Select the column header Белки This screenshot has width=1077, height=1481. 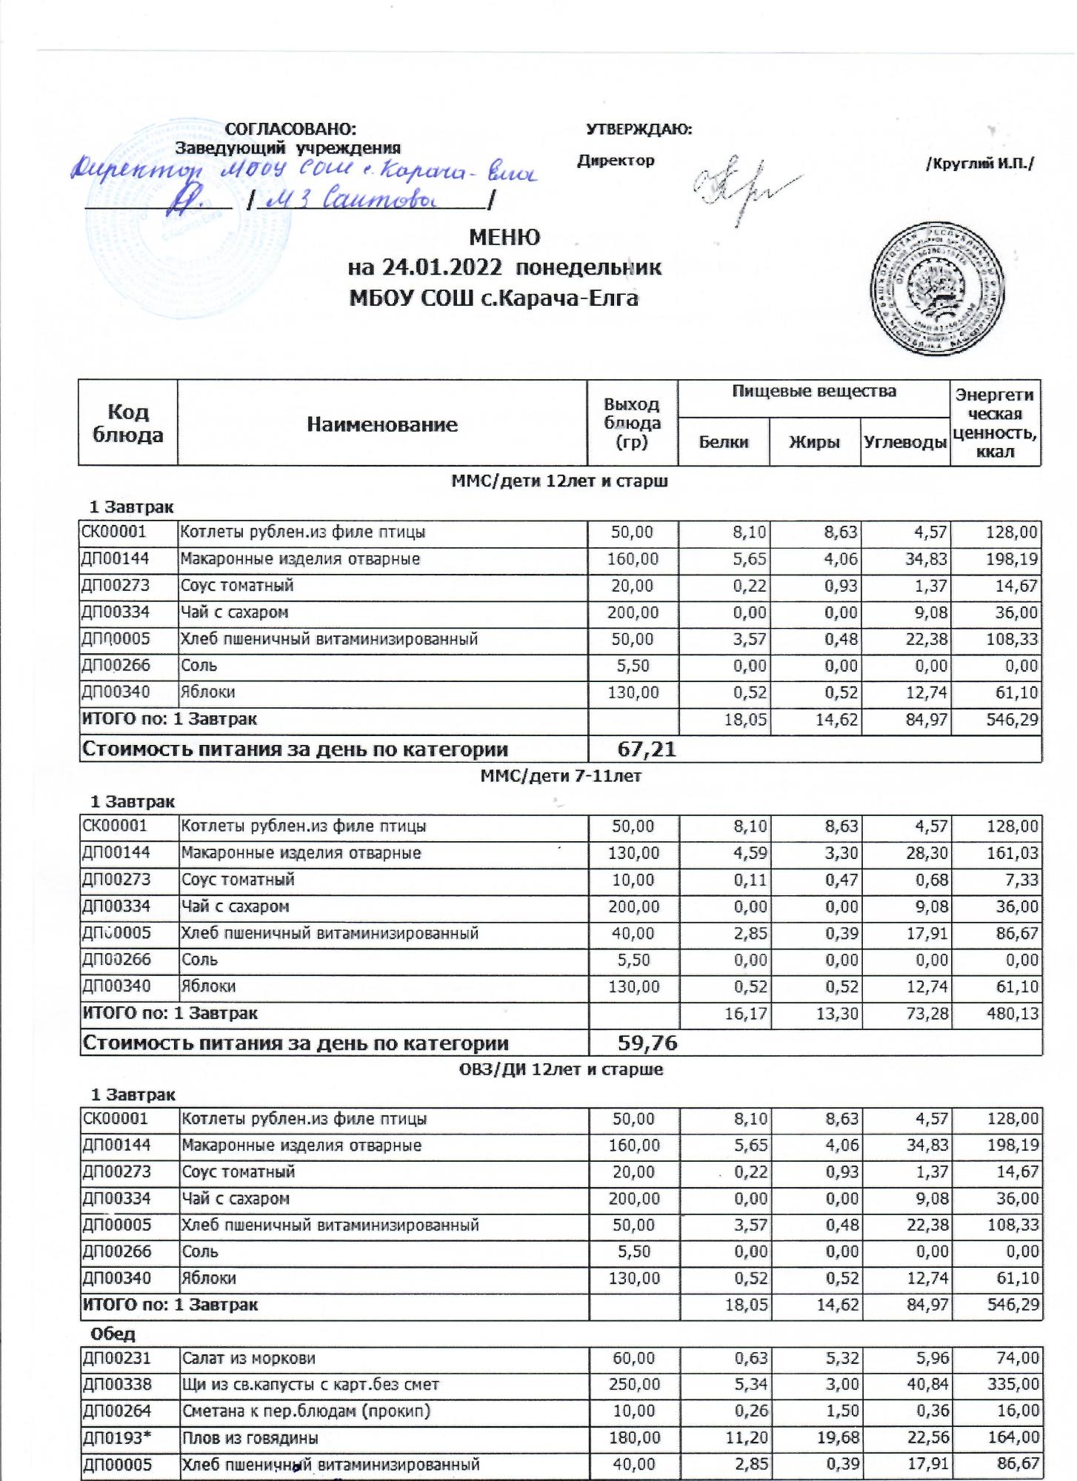point(723,442)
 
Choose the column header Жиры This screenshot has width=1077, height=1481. point(814,442)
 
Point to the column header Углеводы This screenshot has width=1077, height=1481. point(905,442)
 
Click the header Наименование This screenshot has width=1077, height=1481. point(381,424)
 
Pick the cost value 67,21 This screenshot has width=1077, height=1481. point(647,749)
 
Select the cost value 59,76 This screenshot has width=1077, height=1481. point(647,1043)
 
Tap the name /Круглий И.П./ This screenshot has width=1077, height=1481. point(979,164)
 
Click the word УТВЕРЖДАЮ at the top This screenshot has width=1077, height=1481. point(638,130)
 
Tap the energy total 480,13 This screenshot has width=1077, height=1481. point(1013,1013)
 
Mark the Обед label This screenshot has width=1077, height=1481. point(113,1334)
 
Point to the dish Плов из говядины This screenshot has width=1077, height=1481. point(250,1437)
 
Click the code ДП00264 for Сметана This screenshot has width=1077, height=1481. point(116,1411)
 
